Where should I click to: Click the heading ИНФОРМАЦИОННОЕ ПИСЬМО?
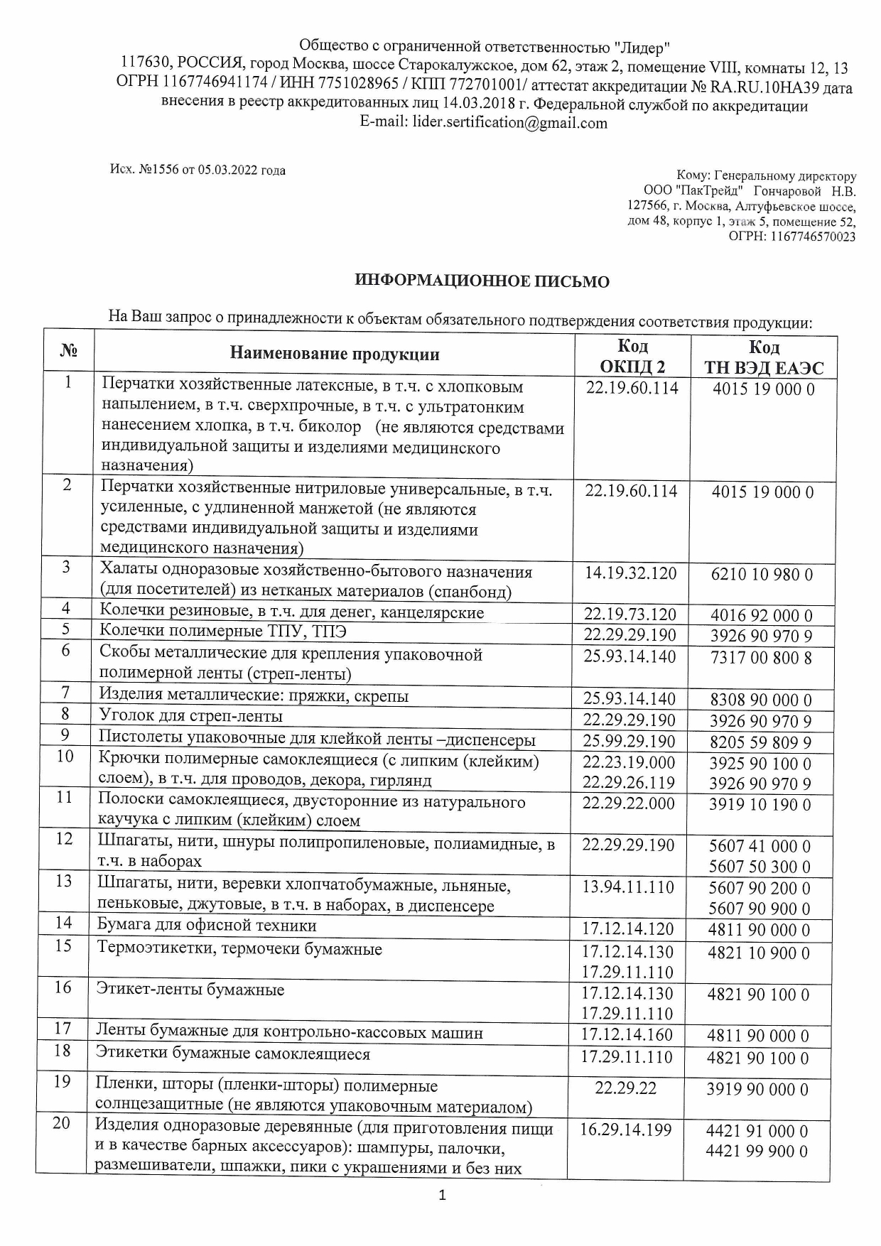click(482, 281)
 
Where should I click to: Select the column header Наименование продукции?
click(334, 354)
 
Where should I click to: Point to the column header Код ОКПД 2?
click(632, 357)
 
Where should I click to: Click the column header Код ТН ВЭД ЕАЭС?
click(764, 357)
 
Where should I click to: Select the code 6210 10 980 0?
click(762, 575)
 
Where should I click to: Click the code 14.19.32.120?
click(630, 573)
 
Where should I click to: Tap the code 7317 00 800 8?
click(761, 658)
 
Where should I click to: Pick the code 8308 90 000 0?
click(761, 700)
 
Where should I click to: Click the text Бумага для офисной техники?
click(207, 926)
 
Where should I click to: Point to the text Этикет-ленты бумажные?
click(190, 990)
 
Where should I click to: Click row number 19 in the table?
click(63, 1082)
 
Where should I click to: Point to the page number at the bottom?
click(442, 1196)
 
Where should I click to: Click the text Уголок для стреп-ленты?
click(190, 715)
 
